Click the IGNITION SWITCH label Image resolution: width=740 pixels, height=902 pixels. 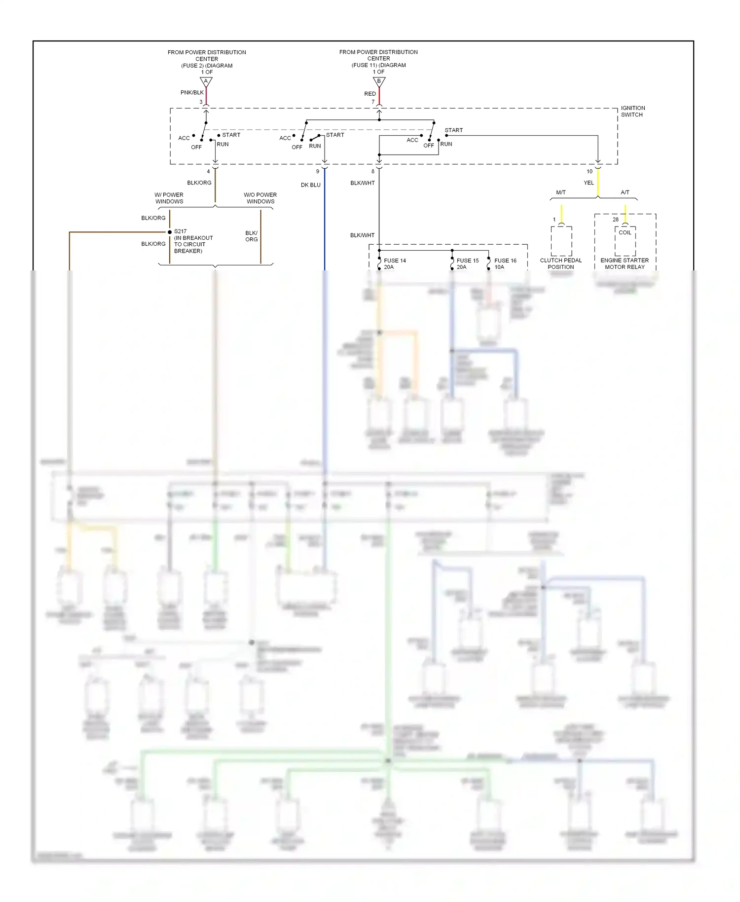tap(632, 112)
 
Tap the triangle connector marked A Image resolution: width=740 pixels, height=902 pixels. tap(206, 81)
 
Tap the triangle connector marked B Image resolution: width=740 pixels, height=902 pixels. tap(379, 81)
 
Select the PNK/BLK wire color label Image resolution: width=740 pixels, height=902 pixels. tap(192, 93)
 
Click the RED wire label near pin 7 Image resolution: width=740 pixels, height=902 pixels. tap(370, 94)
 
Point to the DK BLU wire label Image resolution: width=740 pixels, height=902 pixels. tap(311, 185)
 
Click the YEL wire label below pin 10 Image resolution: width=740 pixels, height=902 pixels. tap(589, 183)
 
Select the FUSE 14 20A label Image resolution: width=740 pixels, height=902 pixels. tap(395, 264)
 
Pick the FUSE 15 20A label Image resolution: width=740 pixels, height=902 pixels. tap(467, 264)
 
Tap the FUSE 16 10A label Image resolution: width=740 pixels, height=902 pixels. tap(505, 264)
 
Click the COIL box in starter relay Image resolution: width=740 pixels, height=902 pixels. tap(625, 233)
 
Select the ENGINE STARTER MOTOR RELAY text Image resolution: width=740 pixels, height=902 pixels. tap(625, 264)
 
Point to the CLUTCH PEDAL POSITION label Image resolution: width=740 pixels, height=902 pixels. tap(561, 264)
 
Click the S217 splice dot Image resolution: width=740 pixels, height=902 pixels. tap(170, 232)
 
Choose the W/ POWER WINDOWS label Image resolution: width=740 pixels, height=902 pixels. tap(169, 198)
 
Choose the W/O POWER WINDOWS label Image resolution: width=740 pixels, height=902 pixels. tap(260, 198)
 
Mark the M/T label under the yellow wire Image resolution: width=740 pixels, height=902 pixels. tap(561, 192)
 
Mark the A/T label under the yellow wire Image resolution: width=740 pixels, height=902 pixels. tap(625, 192)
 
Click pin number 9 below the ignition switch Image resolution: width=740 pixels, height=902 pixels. tap(318, 172)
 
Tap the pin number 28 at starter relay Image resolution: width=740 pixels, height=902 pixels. tap(615, 220)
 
